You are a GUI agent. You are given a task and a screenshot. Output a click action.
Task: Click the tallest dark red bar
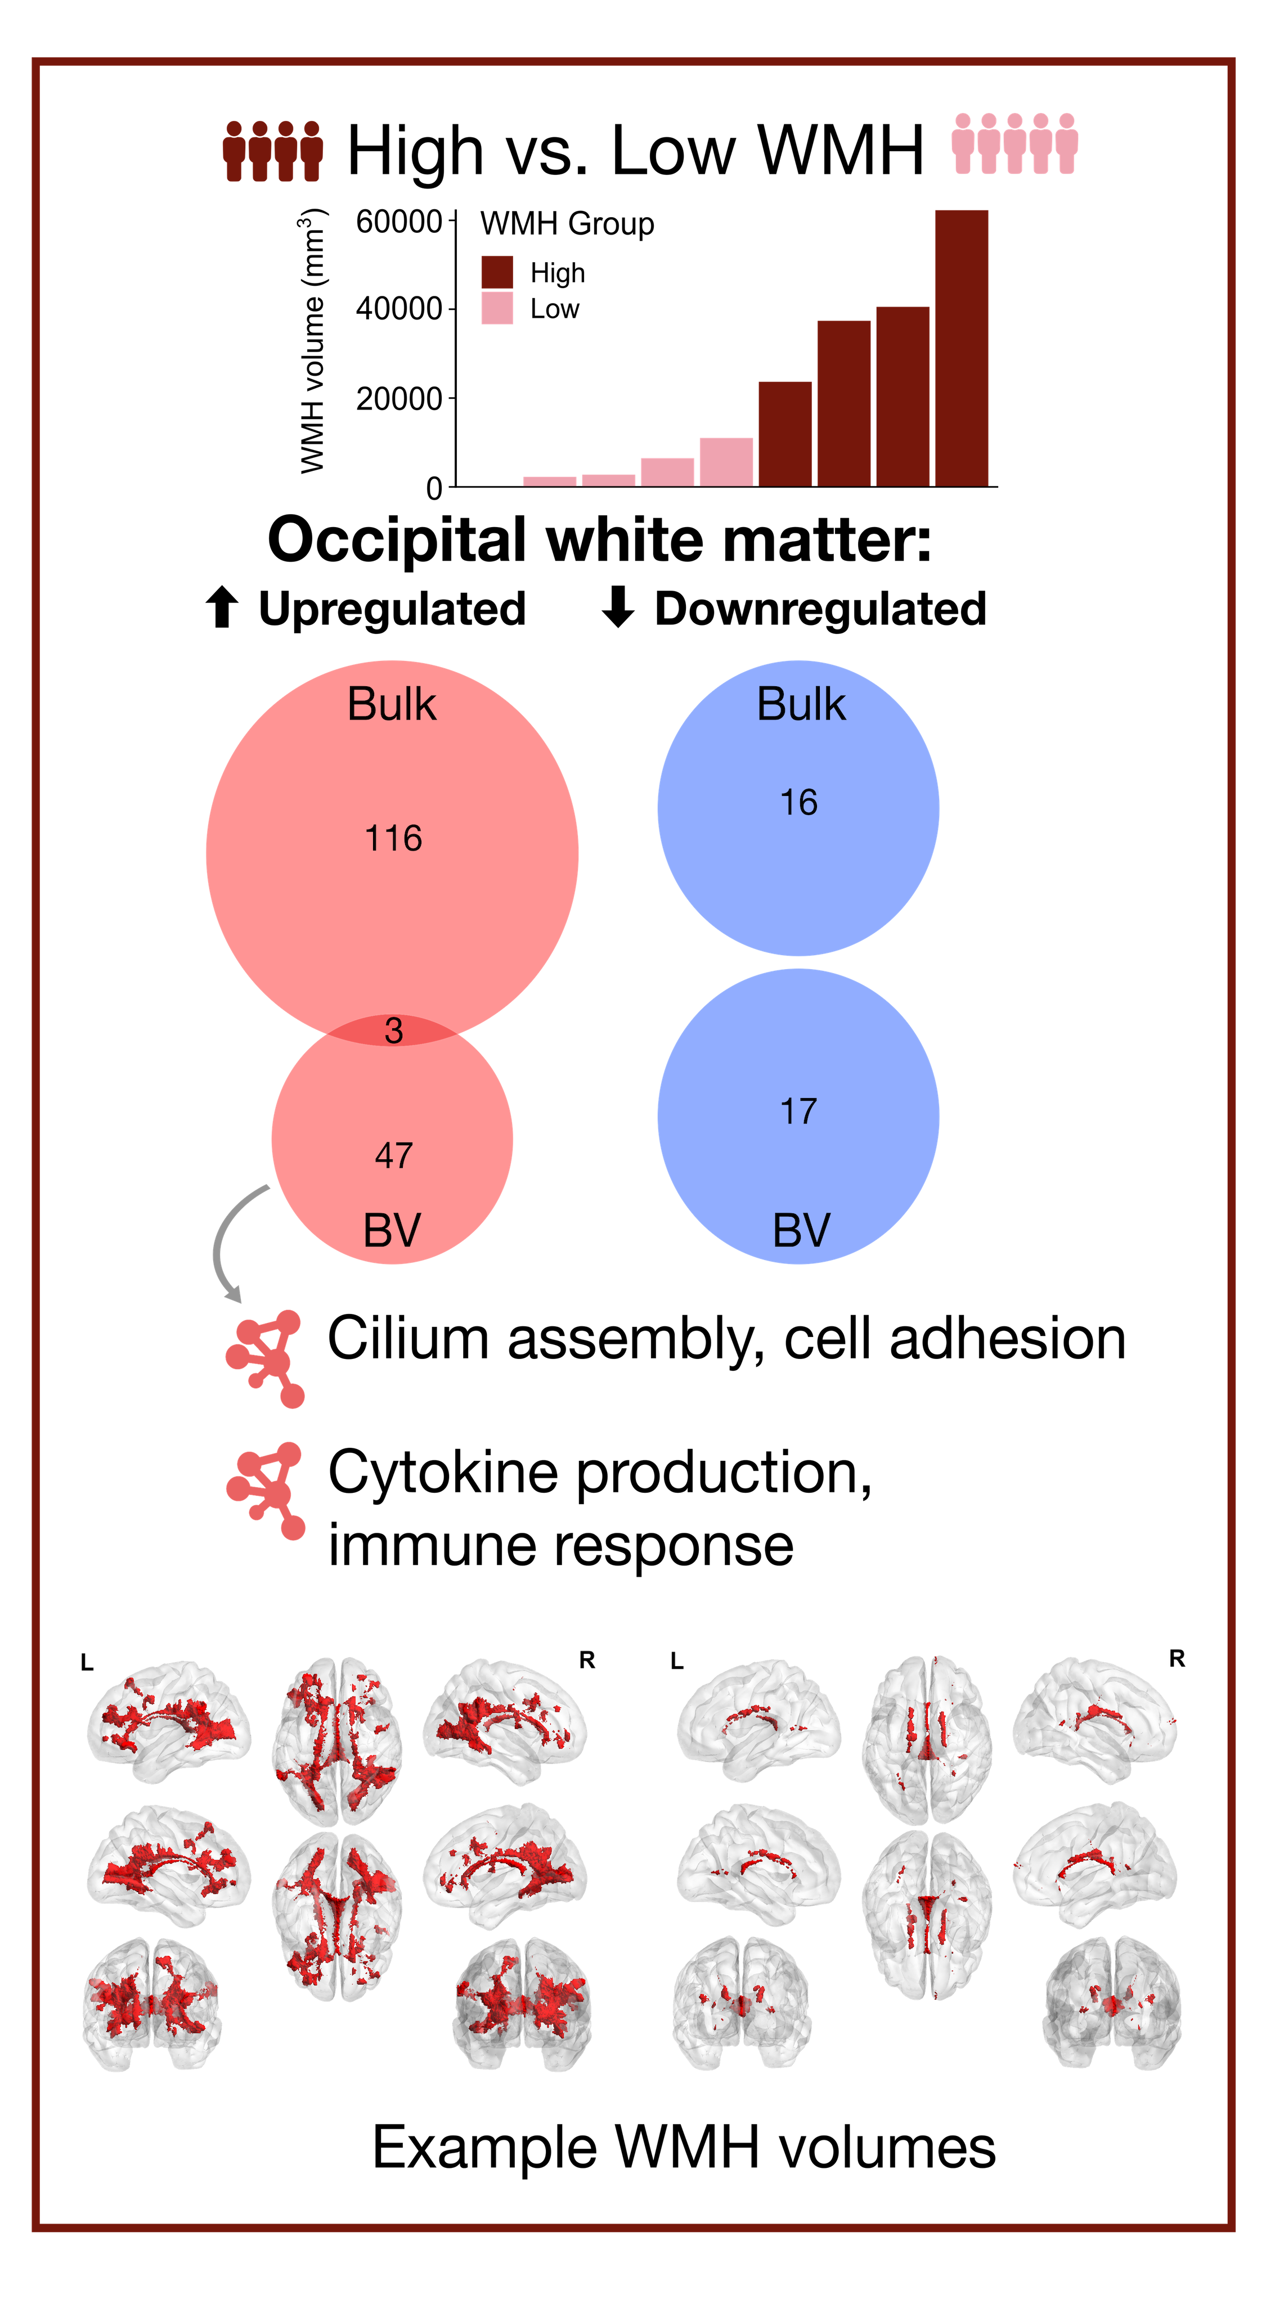pos(961,348)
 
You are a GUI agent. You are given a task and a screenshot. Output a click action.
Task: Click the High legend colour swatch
pos(497,272)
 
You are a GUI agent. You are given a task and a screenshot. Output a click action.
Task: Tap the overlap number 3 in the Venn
pos(394,1030)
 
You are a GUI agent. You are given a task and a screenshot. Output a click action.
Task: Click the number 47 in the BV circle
pos(394,1155)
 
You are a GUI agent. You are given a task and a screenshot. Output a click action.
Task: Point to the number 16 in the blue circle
pos(798,802)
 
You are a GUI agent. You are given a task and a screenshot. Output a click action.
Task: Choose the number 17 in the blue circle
pos(798,1111)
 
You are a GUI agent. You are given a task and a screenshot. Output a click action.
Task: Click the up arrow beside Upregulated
pos(222,608)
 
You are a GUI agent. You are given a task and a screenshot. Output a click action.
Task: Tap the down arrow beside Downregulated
pos(617,608)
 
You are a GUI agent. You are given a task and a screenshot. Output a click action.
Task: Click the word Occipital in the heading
pos(396,541)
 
